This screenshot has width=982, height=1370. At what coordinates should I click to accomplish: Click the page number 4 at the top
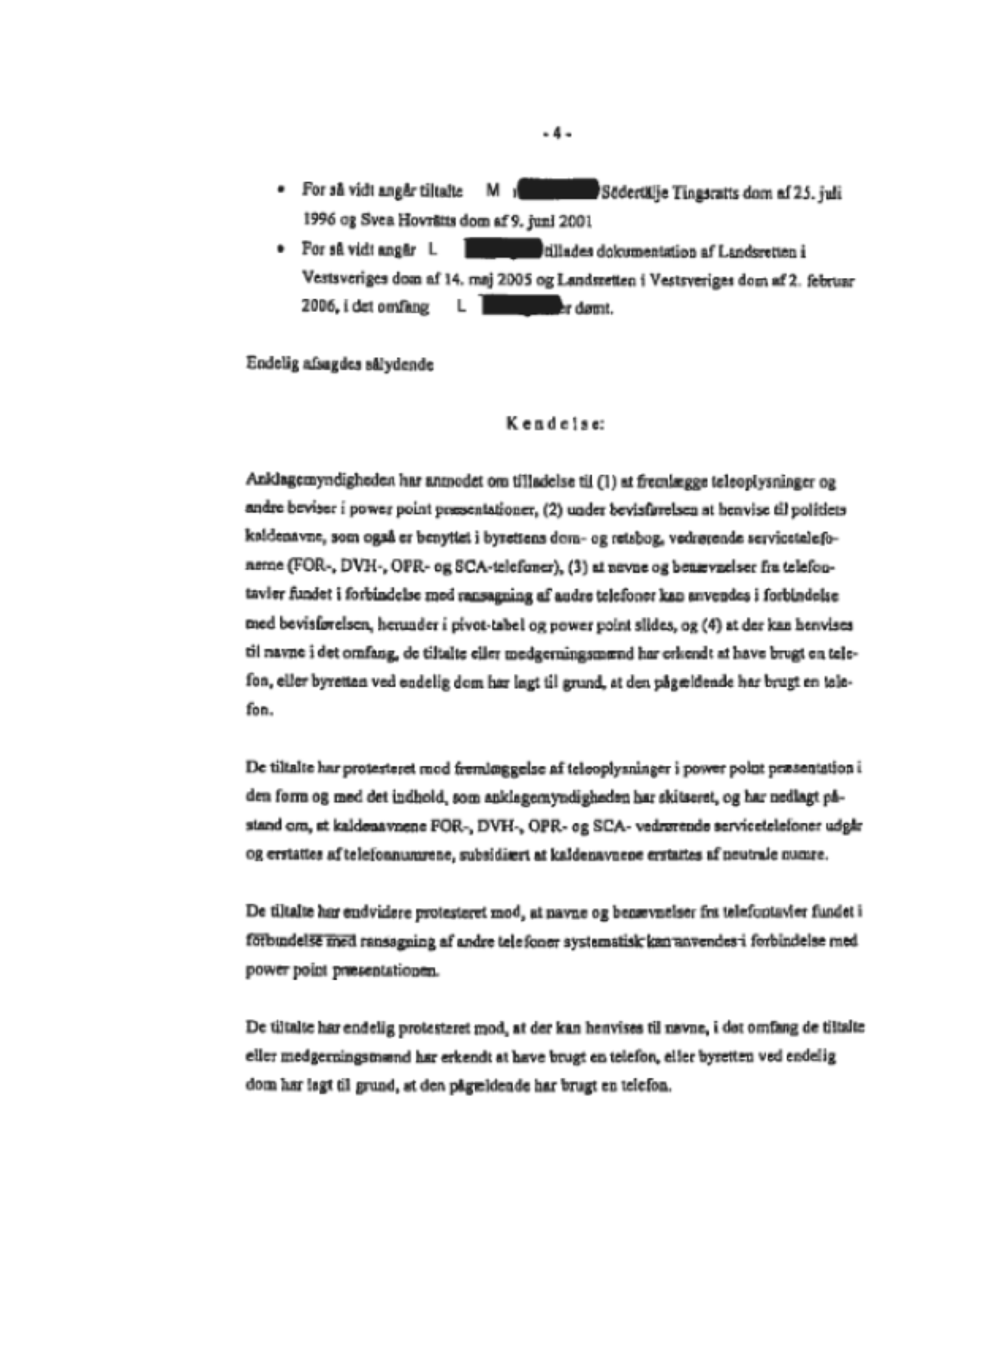coord(557,134)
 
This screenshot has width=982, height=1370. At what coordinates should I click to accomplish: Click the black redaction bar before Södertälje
coord(560,191)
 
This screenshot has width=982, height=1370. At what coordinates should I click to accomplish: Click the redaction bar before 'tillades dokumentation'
coord(502,249)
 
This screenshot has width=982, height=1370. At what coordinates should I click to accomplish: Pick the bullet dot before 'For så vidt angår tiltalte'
coord(281,190)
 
